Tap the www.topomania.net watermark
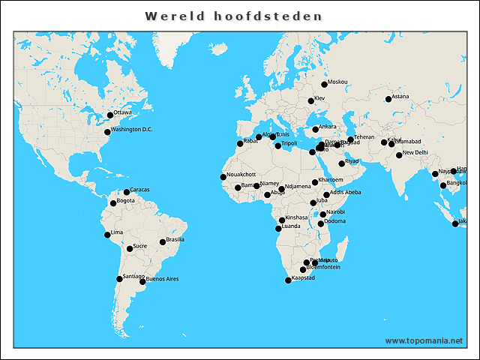[424, 340]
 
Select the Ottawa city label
[122, 112]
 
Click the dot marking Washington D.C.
[107, 132]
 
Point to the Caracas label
[139, 190]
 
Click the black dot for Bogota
[113, 203]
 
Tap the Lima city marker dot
[107, 235]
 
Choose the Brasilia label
[175, 240]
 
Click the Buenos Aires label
[162, 279]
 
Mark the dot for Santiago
[119, 279]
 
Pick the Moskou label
[338, 82]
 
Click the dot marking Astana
[388, 99]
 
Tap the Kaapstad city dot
[288, 280]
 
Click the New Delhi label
[415, 152]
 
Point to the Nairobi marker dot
[323, 214]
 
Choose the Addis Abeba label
[345, 192]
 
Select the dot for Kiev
[310, 101]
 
